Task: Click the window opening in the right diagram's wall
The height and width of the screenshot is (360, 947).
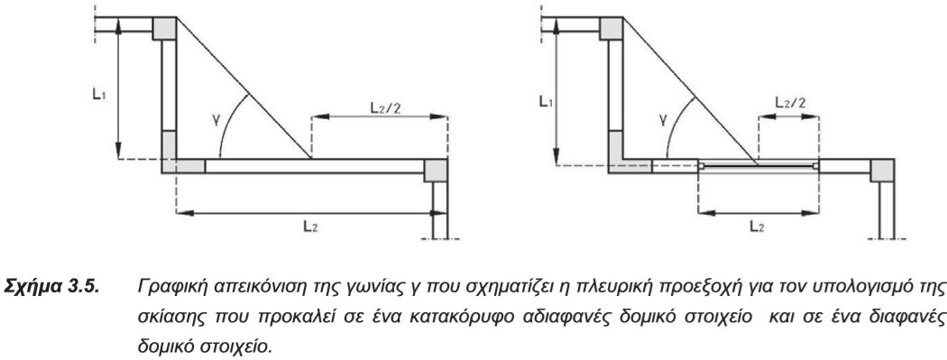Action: coord(758,166)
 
